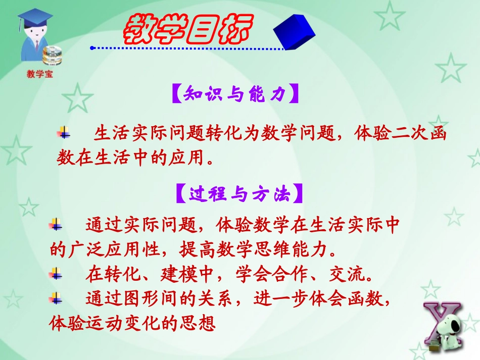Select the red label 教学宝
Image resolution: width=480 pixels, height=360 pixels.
tap(39, 75)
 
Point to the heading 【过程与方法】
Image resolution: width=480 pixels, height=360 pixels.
tap(239, 194)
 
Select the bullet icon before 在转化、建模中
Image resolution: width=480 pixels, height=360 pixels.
tap(56, 274)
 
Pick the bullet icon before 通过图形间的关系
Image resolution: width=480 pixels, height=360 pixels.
tap(56, 298)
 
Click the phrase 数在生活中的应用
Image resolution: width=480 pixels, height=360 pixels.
tap(131, 159)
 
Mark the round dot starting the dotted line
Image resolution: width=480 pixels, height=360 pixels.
tap(92, 48)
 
